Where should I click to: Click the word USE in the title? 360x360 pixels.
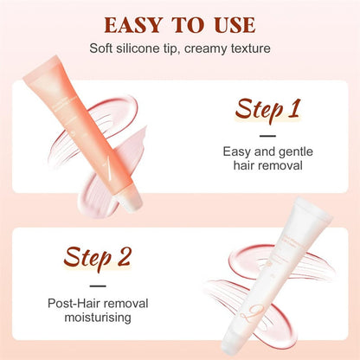[x=232, y=23]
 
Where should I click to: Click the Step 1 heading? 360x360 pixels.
[x=267, y=110]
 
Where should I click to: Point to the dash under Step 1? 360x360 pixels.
[x=268, y=135]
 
